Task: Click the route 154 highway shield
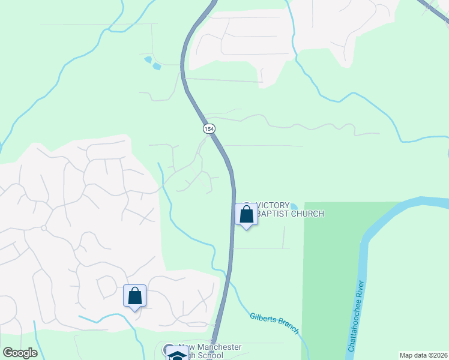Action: pos(208,129)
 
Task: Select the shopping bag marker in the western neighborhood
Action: pos(134,296)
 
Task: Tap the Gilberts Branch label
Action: pos(274,321)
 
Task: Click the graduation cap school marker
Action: pos(177,355)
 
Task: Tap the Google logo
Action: pos(20,353)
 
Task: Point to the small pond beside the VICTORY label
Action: pos(294,207)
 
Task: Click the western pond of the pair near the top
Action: pos(148,59)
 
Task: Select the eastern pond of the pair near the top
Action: pos(157,66)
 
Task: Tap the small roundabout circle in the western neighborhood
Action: pos(44,228)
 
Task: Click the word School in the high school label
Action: pos(211,355)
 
